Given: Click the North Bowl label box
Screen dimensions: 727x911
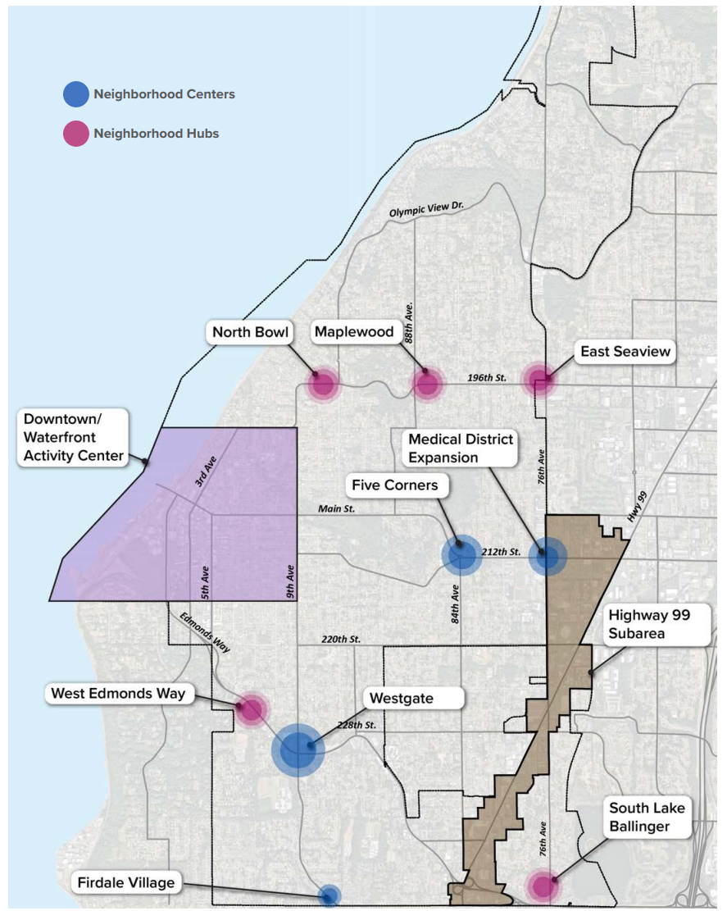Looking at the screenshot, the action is [x=250, y=332].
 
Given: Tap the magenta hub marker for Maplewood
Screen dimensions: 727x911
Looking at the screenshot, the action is [x=427, y=384].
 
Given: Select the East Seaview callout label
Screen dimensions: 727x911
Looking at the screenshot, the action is [x=625, y=352].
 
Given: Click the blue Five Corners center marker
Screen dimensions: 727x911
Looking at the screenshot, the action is [x=461, y=555].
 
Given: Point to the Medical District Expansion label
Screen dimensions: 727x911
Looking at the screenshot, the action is [x=460, y=448].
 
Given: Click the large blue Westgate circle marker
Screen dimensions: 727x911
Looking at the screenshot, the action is [x=298, y=750].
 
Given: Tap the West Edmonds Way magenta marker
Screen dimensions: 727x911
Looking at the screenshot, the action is [x=251, y=710].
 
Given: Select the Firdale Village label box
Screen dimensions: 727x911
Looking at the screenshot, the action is [x=126, y=883].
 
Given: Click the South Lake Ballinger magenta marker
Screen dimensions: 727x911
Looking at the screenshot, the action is [x=543, y=886].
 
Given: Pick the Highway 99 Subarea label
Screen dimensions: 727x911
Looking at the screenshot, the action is [x=657, y=625].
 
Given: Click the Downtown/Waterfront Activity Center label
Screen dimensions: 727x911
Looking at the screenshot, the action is [x=73, y=438].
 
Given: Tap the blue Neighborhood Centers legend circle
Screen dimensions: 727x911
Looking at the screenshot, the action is [x=76, y=94].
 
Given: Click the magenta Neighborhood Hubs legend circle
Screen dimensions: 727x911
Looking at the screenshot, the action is [x=76, y=134].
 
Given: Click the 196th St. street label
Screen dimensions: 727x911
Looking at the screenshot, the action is [x=487, y=378].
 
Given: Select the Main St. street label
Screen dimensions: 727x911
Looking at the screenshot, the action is [x=336, y=509].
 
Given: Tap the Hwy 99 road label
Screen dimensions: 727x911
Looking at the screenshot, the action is [x=637, y=507].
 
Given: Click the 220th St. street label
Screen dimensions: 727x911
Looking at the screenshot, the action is [x=341, y=639].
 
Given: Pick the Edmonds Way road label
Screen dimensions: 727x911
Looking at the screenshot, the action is [x=205, y=633].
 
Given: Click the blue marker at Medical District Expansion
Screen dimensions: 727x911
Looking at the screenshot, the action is [x=548, y=556].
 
